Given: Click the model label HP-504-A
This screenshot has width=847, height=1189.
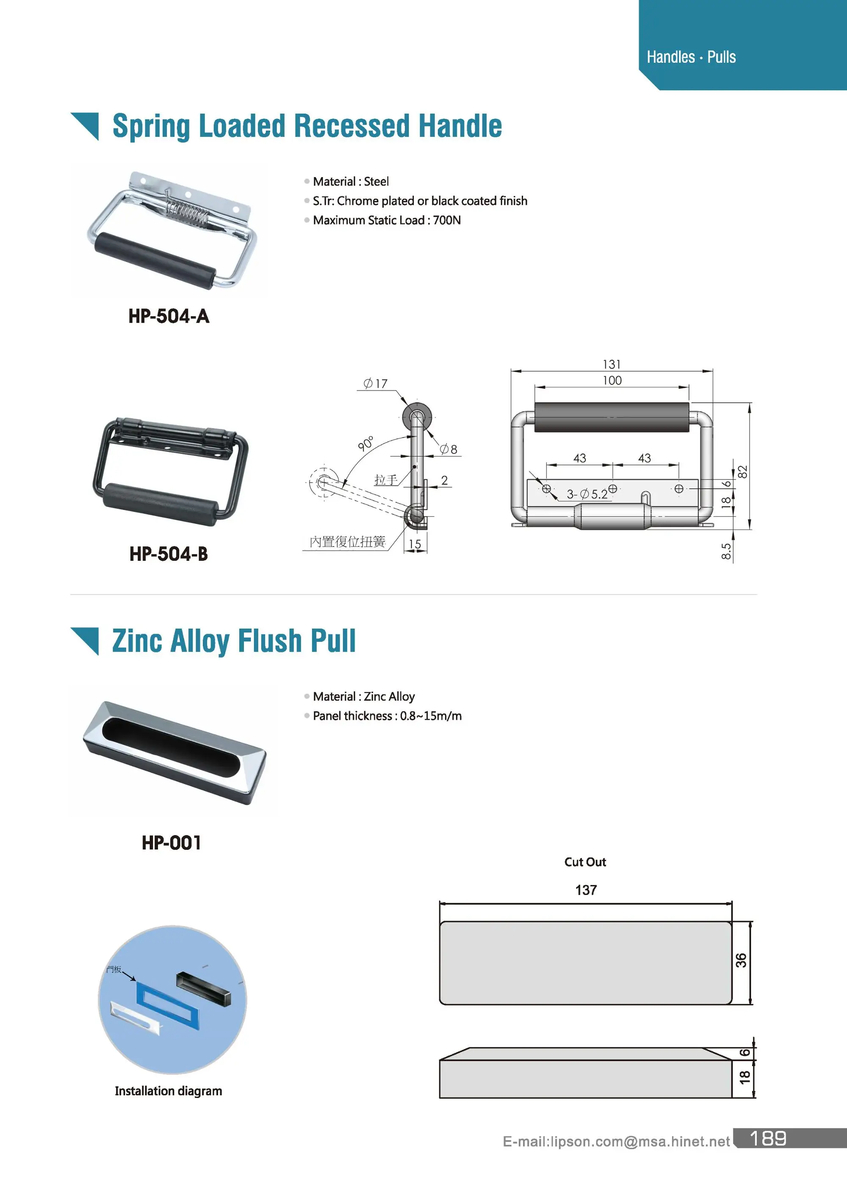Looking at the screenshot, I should click(169, 316).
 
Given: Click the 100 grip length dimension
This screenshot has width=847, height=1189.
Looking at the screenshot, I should click(612, 381).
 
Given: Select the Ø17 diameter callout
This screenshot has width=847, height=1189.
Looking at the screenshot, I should click(376, 384).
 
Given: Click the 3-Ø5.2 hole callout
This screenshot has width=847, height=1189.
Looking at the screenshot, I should click(587, 494).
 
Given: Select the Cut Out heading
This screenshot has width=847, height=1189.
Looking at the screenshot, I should click(585, 862).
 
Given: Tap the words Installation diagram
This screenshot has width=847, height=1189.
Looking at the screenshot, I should click(168, 1091).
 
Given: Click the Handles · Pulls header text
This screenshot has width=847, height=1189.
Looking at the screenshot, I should click(691, 57).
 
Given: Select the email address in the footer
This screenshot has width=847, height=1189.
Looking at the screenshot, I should click(615, 1142).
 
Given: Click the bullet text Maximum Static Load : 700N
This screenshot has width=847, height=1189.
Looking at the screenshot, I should click(387, 220).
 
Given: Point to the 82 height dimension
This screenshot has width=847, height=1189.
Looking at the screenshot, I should click(743, 471).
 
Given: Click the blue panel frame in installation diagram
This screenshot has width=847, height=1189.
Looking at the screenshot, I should click(168, 1005).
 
